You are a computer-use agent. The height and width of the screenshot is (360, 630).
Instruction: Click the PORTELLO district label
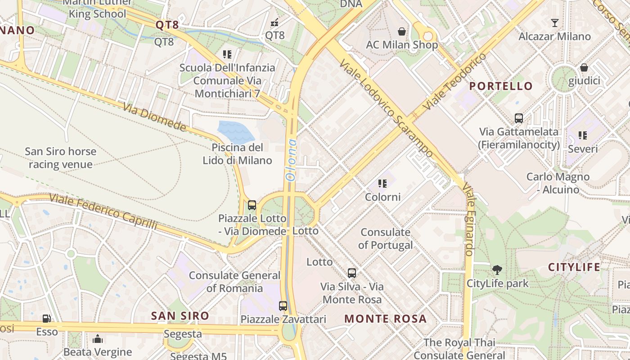[x=501, y=86]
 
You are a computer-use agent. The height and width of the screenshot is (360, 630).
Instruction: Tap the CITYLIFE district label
[x=574, y=267]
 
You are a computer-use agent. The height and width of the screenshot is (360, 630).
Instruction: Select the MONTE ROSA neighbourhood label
[x=385, y=319]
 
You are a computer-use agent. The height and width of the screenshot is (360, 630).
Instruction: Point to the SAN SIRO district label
[x=180, y=316]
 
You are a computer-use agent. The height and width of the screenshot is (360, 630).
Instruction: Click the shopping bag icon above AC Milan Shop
[x=401, y=31]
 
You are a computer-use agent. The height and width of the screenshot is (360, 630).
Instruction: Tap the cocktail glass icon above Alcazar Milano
[x=554, y=22]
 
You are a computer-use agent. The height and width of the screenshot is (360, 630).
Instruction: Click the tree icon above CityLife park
[x=497, y=270]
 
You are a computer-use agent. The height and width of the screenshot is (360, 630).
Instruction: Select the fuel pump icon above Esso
[x=46, y=319]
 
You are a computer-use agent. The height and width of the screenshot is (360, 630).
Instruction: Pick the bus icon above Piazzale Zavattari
[x=283, y=306]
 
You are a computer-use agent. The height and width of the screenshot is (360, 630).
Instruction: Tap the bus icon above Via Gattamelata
[x=518, y=118]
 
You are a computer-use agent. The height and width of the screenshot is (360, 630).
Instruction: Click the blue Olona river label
[x=292, y=160]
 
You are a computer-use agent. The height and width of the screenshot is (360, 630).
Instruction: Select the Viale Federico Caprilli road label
[x=103, y=211]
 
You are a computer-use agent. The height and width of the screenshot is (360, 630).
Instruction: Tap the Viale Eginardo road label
[x=468, y=219]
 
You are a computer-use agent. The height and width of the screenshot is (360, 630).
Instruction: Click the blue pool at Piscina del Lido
[x=235, y=132]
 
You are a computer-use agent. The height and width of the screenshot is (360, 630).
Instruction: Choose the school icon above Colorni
[x=382, y=184]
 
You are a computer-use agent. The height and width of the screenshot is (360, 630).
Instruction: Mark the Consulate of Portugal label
[x=385, y=238]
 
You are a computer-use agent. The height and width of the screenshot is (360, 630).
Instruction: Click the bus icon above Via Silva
[x=352, y=273]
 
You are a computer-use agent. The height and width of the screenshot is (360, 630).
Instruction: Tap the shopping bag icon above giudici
[x=584, y=67]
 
